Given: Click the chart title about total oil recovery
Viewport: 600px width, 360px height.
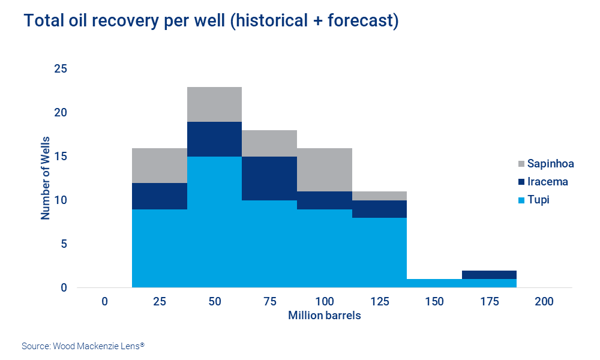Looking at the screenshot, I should pos(211,22).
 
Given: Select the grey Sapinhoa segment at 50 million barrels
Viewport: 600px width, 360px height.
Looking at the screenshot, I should pos(214,104).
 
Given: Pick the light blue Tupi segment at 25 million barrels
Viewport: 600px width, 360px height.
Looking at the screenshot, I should pos(159,248).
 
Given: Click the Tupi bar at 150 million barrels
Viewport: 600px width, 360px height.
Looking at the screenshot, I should pos(434,283).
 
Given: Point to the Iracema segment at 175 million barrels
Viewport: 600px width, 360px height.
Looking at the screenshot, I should pos(489,275).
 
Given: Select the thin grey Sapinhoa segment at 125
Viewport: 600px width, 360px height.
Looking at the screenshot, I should pos(379,196).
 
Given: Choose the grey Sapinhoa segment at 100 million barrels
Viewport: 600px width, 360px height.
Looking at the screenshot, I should pos(324,170).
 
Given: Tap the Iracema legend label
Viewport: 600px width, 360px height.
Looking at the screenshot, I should pos(547,182).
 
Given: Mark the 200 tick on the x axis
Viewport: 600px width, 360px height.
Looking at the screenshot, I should pos(544,302).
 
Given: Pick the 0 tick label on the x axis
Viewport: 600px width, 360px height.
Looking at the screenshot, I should pos(104,302).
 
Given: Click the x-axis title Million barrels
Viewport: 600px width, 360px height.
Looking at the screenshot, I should pos(325,316).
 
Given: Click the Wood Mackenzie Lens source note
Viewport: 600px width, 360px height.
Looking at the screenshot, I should pos(83,346).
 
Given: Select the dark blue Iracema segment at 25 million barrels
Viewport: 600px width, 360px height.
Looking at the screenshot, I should pos(159,196).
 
